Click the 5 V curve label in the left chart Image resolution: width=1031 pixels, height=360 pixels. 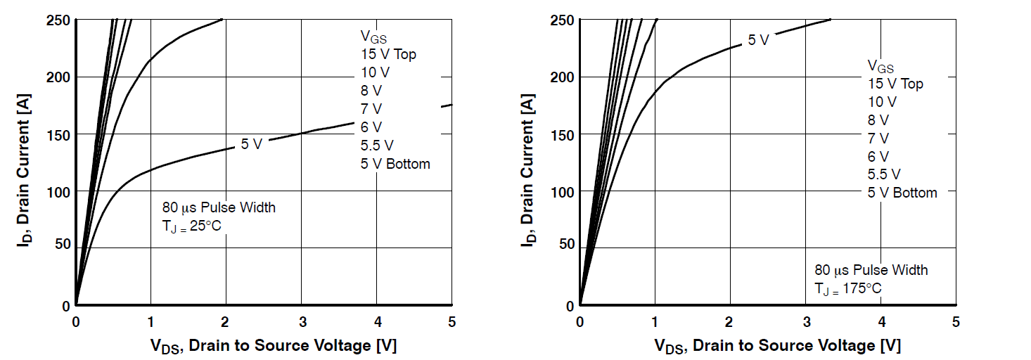(251, 144)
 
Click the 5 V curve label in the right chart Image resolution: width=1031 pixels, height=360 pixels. (758, 40)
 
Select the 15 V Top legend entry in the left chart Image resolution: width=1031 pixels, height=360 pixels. (388, 54)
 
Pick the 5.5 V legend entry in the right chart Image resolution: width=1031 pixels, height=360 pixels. (884, 174)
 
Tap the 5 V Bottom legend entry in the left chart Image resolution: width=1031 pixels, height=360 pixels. (395, 164)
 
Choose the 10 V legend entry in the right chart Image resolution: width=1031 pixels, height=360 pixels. (882, 102)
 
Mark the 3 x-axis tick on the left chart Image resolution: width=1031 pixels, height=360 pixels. (302, 322)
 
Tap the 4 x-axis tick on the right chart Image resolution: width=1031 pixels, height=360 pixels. (880, 322)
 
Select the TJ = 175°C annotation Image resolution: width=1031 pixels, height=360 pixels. (848, 288)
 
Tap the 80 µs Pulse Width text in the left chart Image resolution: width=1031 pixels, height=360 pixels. (219, 207)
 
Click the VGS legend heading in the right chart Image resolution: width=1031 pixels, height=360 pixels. (880, 67)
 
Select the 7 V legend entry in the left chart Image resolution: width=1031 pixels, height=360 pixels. (371, 109)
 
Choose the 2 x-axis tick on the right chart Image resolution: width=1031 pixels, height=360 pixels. (730, 322)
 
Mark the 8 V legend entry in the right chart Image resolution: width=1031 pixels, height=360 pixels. (878, 120)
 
